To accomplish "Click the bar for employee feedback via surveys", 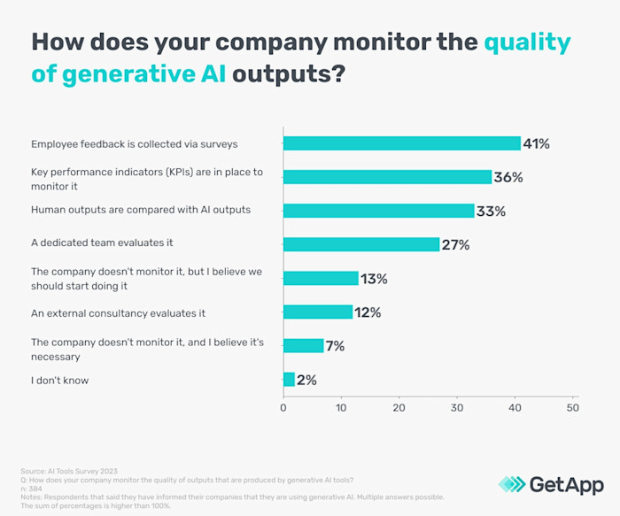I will (x=401, y=143).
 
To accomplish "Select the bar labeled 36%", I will (x=387, y=177).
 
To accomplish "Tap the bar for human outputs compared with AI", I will (x=378, y=211).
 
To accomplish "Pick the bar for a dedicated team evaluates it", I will (x=360, y=244).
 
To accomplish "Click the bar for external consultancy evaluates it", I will (x=317, y=312).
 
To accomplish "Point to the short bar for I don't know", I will (x=289, y=380).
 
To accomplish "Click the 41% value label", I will (x=537, y=143).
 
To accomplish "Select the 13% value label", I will (x=375, y=278).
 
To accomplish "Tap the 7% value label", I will (x=335, y=346).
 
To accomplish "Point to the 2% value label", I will (x=306, y=380).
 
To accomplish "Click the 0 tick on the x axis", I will (x=283, y=408).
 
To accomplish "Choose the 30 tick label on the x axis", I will (x=457, y=408).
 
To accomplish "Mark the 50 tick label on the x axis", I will (x=573, y=408).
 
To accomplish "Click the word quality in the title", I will (x=515, y=42).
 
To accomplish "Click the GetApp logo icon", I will (x=511, y=484).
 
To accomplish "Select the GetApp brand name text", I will (x=566, y=484).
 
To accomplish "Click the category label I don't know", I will (x=59, y=380).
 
